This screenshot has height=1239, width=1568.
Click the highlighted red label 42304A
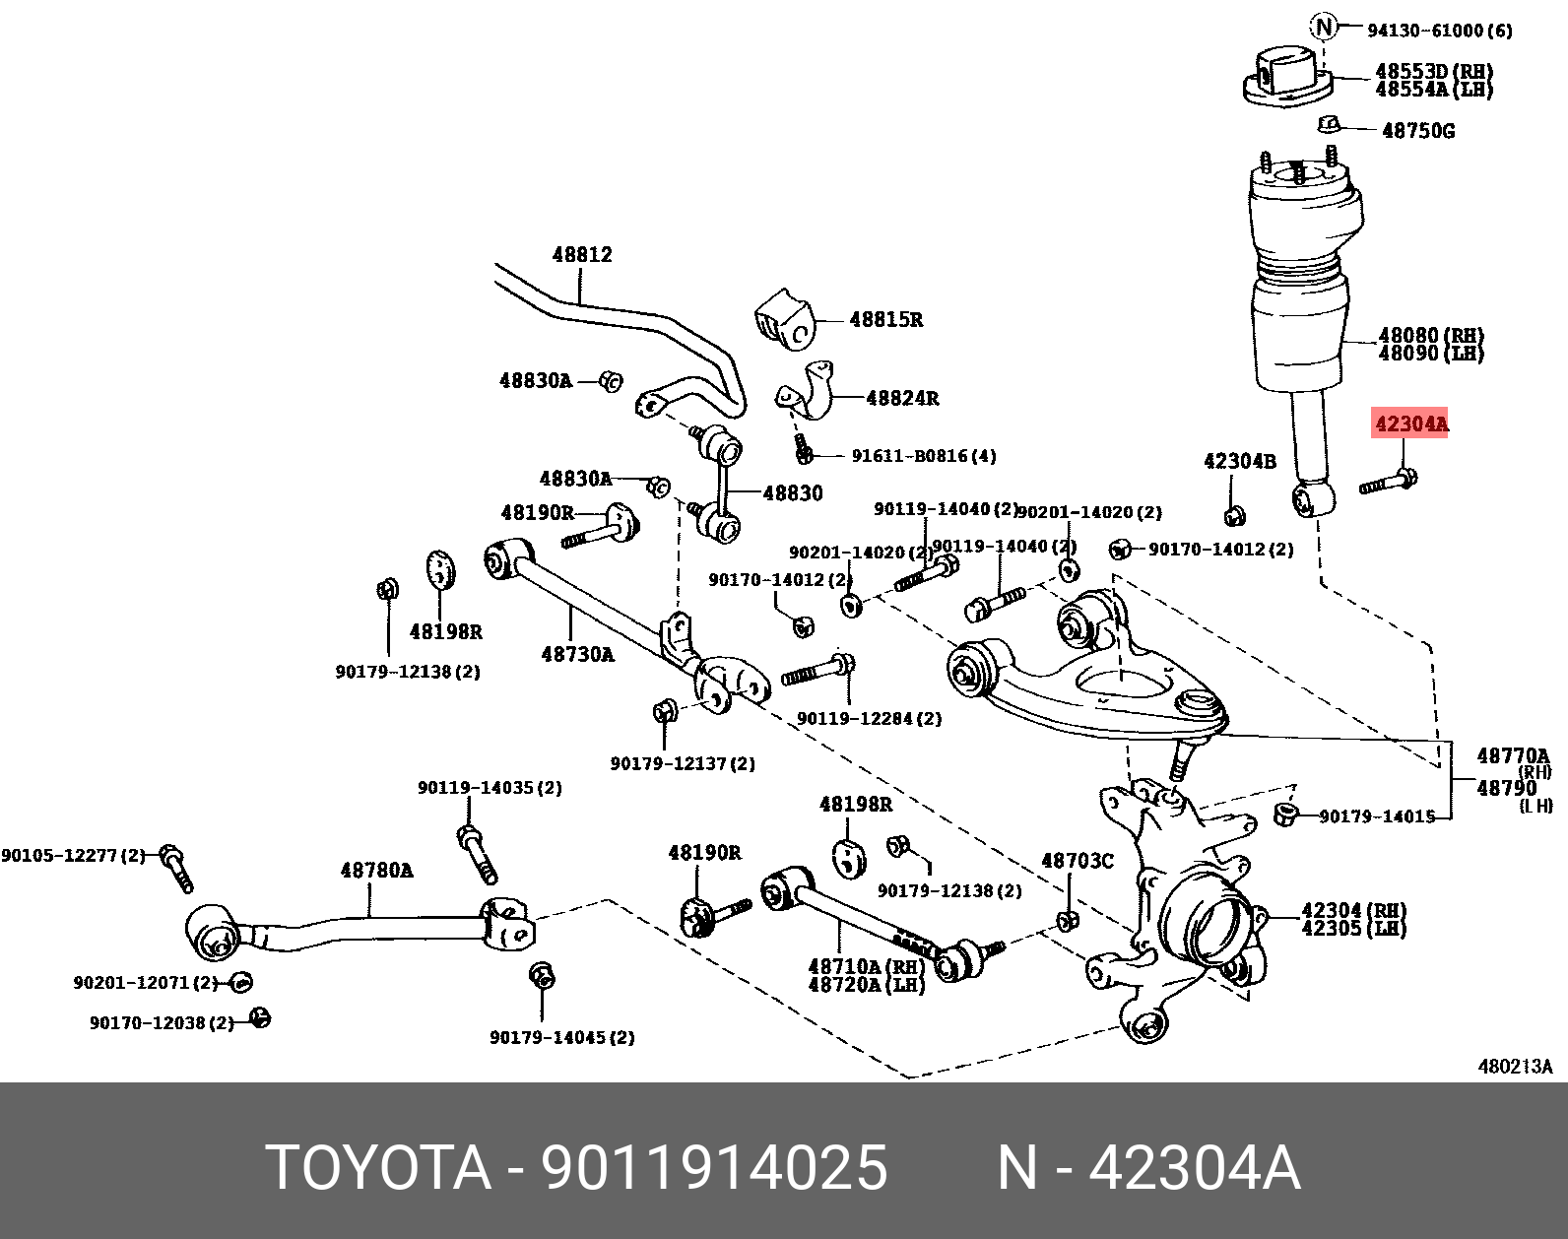1411,424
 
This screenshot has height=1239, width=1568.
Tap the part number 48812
582,255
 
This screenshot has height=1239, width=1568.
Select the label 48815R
886,320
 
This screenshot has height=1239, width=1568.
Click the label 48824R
902,399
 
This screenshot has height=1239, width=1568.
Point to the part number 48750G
1418,131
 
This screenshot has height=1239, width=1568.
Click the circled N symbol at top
1325,28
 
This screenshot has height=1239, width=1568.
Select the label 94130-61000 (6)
1439,31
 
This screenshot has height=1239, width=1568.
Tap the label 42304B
1240,461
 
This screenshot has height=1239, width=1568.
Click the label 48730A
577,654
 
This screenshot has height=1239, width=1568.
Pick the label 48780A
376,871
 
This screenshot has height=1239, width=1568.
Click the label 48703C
1078,862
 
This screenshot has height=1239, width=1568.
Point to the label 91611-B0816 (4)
924,456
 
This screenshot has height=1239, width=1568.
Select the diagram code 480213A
1515,1067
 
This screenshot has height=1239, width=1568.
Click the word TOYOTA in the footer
378,1168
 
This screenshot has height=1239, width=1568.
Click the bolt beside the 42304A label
1389,484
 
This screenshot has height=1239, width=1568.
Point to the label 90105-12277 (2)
73,856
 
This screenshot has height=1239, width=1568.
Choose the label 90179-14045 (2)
562,1037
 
